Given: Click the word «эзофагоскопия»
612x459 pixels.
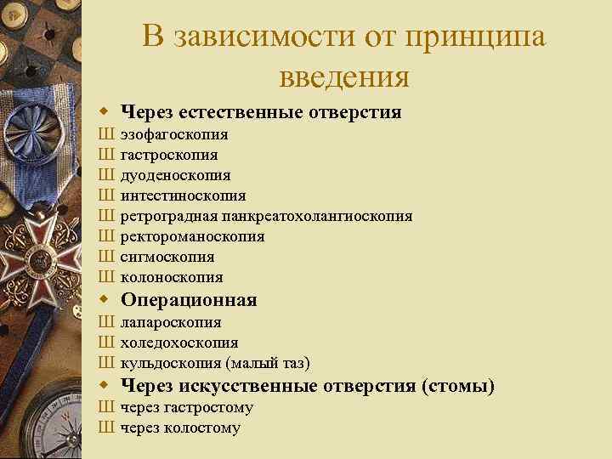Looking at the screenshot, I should pos(173,135).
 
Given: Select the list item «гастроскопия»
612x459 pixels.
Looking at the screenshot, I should pos(168,156).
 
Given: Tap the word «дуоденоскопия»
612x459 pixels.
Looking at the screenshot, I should pos(175,175).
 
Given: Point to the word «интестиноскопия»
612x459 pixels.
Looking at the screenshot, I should pos(183,195).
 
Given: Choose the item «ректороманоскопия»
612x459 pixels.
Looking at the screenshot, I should pos(192,236).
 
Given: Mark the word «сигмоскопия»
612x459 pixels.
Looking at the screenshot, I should pos(167,257).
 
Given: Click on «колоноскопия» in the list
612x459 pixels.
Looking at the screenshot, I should pos(172,277).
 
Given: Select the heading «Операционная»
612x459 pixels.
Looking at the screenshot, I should pos(189,300).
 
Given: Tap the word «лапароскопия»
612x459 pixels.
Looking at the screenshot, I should pos(171,323).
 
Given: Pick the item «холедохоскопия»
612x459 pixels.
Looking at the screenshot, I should pos(178,343).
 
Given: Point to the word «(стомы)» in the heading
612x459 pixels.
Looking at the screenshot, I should pos(457,387).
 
